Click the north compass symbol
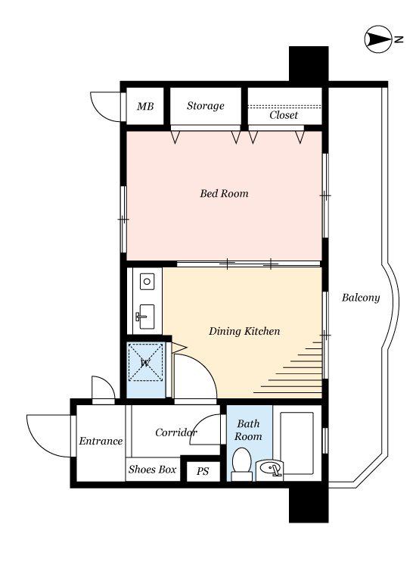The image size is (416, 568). coord(378,39)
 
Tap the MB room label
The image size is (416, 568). coord(145,106)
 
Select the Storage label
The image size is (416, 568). coord(206,106)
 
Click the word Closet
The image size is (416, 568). coord(284,115)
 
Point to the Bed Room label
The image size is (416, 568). coord(225,193)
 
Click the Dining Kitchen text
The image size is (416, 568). coord(244,331)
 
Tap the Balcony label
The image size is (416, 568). coord(361,298)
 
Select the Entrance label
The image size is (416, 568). coord(101,441)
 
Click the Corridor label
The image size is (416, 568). coord(176,432)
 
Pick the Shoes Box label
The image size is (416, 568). coord(152,469)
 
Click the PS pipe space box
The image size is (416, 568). coord(203,471)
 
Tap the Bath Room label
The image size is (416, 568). coord(248,429)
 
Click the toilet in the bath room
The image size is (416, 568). coord(241,464)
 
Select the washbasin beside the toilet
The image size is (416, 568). coord(270,470)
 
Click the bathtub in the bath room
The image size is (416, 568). coord(296,443)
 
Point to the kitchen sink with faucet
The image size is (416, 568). coord(145,317)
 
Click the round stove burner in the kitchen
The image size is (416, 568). coord(147,282)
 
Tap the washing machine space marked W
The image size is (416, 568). coord(146,362)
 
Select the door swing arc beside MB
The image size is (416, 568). coord(105,108)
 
